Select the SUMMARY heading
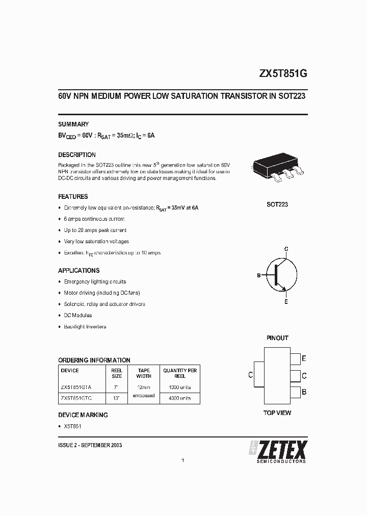pyautogui.click(x=73, y=124)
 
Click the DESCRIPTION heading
pyautogui.click(x=77, y=154)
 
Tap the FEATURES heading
pyautogui.click(x=73, y=196)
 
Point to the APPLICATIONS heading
pyautogui.click(x=79, y=270)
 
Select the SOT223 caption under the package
pyautogui.click(x=277, y=204)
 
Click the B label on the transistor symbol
pyautogui.click(x=259, y=275)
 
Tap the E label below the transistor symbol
pyautogui.click(x=286, y=302)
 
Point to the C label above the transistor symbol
pyautogui.click(x=286, y=249)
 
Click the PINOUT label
pyautogui.click(x=277, y=338)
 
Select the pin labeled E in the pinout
pyautogui.click(x=296, y=359)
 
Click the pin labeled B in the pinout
pyautogui.click(x=296, y=392)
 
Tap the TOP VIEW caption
pyautogui.click(x=277, y=412)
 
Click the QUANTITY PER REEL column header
pyautogui.click(x=180, y=373)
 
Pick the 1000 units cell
pyautogui.click(x=180, y=387)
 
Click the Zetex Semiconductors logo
pyautogui.click(x=278, y=451)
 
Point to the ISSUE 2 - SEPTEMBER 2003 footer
pyautogui.click(x=90, y=445)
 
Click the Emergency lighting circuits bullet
pyautogui.click(x=95, y=281)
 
